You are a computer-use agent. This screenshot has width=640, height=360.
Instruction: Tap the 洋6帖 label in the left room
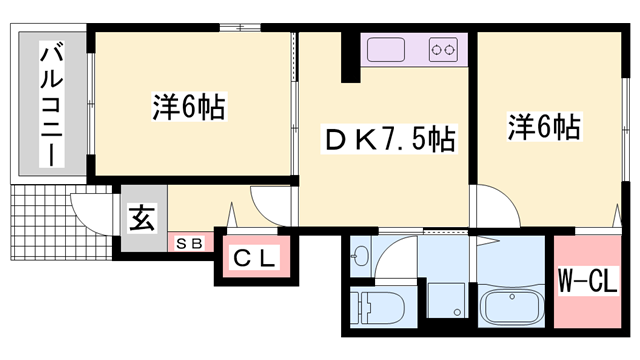(188, 106)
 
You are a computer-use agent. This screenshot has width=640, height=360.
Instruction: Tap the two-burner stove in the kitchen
(444, 47)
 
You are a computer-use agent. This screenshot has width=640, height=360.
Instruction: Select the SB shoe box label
(189, 242)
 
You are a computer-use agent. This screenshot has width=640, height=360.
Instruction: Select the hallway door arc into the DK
(272, 205)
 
